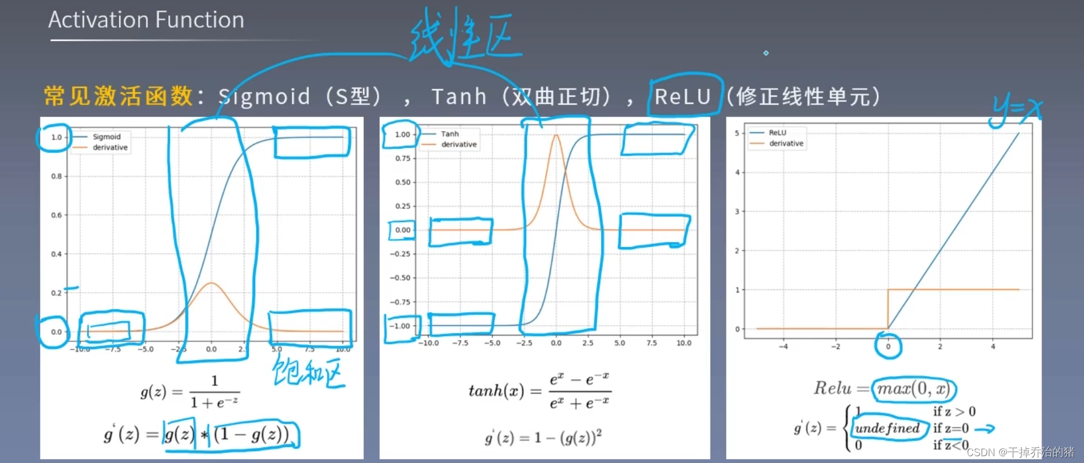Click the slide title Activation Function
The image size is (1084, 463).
tap(146, 20)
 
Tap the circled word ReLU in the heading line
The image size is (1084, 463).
tap(683, 96)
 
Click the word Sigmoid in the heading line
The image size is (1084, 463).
tap(265, 96)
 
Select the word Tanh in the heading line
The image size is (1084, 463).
tap(459, 96)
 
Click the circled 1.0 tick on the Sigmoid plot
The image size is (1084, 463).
tap(56, 137)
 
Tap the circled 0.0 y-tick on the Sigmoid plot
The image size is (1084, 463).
tap(56, 332)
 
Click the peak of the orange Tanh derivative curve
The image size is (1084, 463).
tap(556, 135)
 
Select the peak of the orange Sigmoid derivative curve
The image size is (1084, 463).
tap(211, 283)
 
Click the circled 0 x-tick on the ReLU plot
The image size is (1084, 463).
tap(888, 346)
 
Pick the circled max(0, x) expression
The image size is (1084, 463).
tap(913, 389)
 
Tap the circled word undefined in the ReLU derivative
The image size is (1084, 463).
tap(887, 428)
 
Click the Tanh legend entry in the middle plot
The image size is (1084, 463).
tap(449, 134)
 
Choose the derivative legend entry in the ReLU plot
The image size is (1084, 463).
tap(786, 144)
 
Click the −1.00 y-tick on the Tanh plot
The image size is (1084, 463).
tap(402, 326)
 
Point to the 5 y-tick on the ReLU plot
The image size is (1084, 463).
tap(737, 133)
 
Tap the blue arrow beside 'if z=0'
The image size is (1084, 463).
tap(985, 429)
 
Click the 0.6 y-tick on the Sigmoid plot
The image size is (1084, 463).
tap(56, 215)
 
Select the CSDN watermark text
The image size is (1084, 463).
tap(1020, 452)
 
